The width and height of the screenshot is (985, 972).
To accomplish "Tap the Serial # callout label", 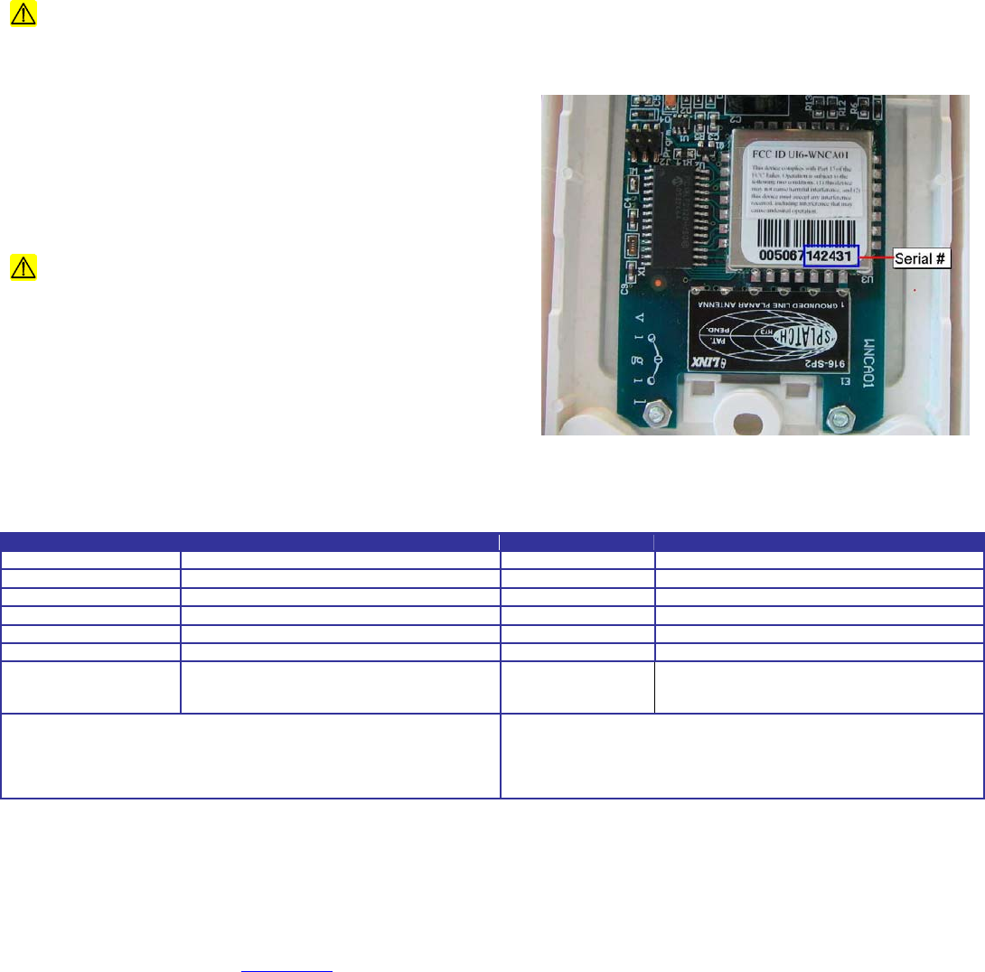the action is (x=919, y=260).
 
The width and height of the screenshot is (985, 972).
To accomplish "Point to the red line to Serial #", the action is (x=874, y=259).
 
